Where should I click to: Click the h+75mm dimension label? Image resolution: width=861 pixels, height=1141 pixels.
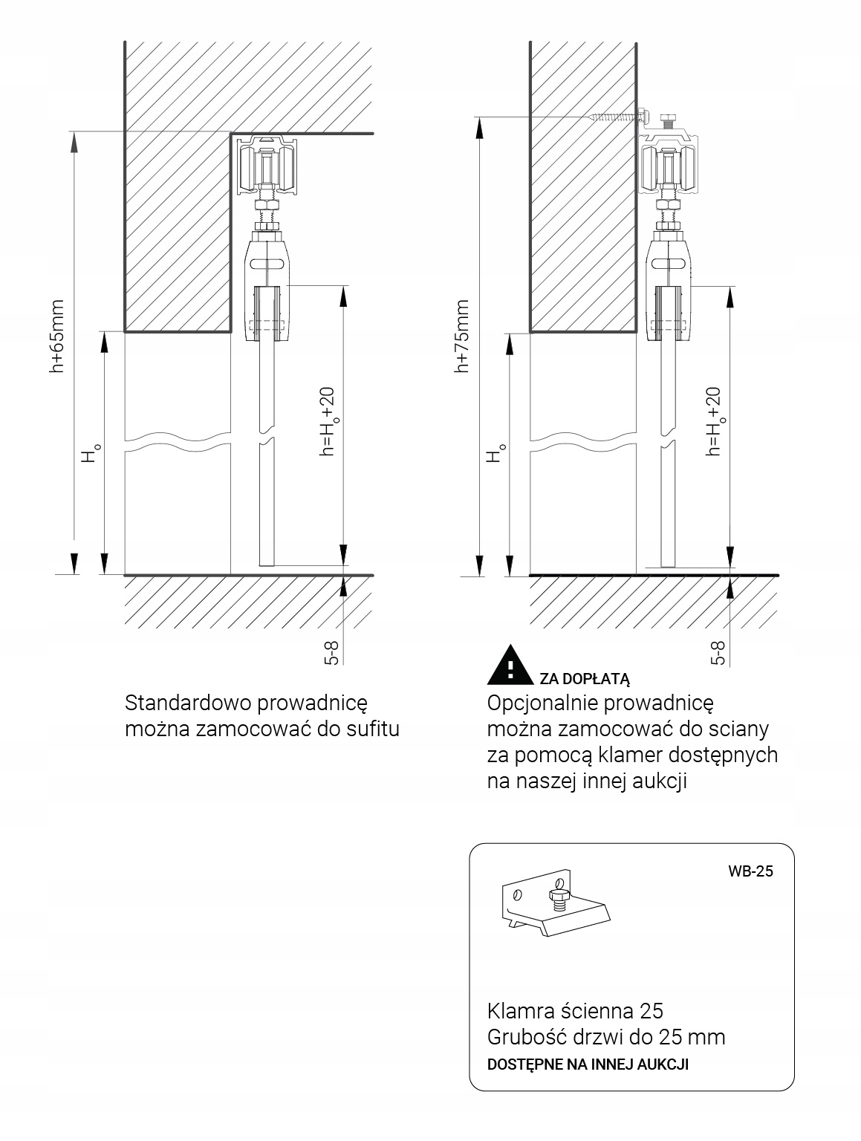(x=462, y=336)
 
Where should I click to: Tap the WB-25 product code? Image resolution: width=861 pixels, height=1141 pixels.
(x=750, y=871)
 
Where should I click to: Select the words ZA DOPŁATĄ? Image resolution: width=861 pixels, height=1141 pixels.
(x=585, y=678)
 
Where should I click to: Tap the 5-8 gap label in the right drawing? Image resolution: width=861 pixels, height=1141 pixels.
(x=718, y=651)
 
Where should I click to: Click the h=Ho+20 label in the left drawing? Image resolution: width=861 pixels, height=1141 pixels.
(x=328, y=421)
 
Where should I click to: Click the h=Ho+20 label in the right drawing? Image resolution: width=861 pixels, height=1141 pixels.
(x=714, y=421)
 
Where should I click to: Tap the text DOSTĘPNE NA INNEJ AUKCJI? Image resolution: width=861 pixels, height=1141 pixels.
(x=587, y=1064)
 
